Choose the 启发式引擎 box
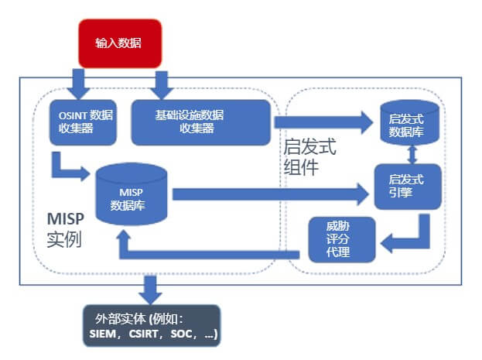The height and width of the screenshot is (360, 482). (x=407, y=187)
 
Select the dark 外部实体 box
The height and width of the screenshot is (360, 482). (x=151, y=326)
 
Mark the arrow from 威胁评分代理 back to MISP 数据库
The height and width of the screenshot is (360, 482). (x=209, y=248)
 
